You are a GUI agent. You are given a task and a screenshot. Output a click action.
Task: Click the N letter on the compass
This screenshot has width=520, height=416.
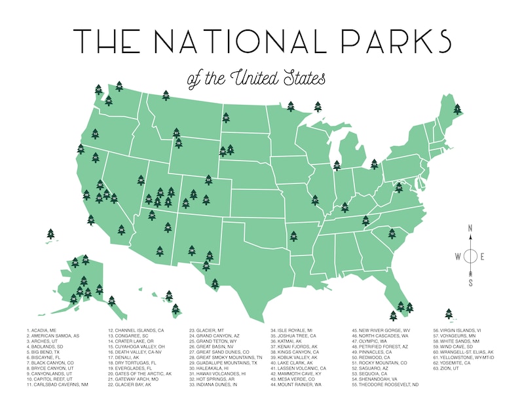(x=470, y=228)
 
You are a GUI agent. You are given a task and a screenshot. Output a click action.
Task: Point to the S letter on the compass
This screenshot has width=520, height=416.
(x=470, y=282)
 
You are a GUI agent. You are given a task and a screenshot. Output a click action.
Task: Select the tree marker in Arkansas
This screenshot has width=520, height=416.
(x=293, y=233)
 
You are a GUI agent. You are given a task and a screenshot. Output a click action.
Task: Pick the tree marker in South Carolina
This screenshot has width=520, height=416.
(x=392, y=233)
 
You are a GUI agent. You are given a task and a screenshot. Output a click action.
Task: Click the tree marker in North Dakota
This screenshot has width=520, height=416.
(x=226, y=118)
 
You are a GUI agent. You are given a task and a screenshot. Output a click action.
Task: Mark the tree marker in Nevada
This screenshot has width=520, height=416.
(x=141, y=180)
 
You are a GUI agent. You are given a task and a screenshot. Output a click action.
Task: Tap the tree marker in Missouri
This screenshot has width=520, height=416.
(x=315, y=199)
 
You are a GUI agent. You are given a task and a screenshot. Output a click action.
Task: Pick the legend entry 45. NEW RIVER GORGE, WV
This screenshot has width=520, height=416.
(x=381, y=330)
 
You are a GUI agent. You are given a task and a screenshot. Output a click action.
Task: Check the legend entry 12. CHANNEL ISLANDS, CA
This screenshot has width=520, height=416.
(x=136, y=330)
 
